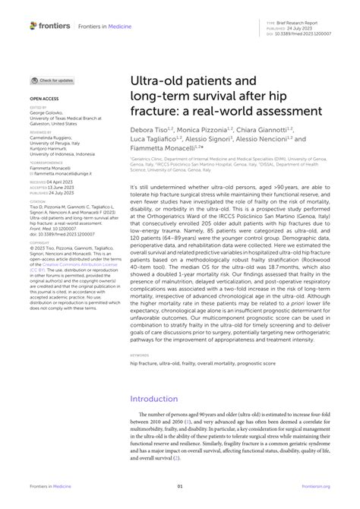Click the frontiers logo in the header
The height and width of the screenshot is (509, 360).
coord(51,25)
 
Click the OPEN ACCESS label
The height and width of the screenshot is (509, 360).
coord(45,99)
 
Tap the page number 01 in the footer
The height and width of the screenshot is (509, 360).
coord(180,486)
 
